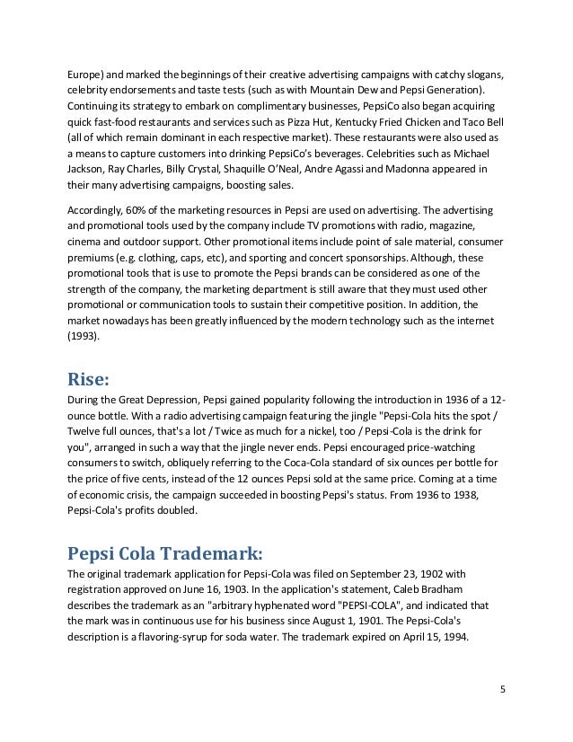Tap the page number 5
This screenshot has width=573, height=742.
pyautogui.click(x=503, y=690)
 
